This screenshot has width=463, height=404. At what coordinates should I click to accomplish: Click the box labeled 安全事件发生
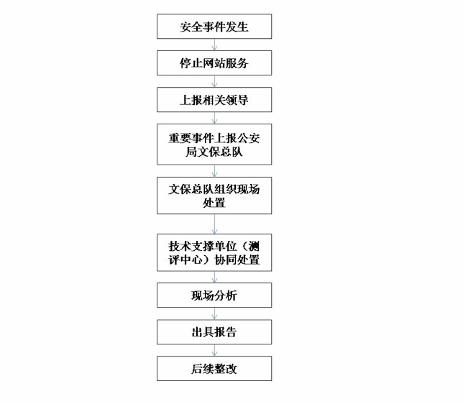point(214,27)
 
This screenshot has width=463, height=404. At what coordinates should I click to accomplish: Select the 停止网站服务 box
point(214,63)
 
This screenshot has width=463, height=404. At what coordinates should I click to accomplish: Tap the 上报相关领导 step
point(214,99)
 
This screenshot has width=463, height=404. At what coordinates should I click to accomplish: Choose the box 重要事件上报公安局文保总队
point(214,144)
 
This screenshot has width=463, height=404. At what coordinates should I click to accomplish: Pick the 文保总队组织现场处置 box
point(214,196)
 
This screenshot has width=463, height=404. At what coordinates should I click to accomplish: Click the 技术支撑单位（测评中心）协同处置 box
point(214,252)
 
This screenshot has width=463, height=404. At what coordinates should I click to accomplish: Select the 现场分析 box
point(214,295)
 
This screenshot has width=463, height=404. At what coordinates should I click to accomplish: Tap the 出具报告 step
point(214,332)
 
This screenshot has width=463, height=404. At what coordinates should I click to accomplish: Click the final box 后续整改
point(214,368)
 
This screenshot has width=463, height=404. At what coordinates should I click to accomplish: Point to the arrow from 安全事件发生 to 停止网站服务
point(214,45)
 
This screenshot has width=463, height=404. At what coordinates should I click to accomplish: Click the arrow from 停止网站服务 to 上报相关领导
point(214,81)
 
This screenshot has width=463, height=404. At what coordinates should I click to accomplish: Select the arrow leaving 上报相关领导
point(214,118)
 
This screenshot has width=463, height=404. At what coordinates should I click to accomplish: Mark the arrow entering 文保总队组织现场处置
point(214,170)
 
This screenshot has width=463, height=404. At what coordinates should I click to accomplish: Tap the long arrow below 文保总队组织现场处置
point(214,224)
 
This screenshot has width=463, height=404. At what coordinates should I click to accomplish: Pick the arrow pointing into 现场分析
point(214,277)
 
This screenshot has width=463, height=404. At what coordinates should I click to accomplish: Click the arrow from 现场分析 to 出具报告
point(214,313)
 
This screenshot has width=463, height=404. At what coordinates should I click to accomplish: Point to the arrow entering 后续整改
point(214,350)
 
